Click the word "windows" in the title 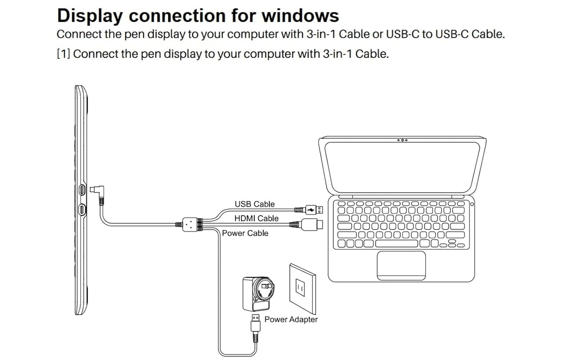300,16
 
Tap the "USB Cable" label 254,204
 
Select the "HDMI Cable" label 256,218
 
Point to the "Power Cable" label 245,233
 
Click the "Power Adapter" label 291,319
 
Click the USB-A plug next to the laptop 314,210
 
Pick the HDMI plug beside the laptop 312,225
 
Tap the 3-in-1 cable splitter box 190,225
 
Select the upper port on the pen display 82,190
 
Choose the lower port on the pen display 82,209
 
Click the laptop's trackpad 401,266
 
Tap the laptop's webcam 403,140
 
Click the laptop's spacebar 397,243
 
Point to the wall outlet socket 300,287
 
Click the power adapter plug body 258,294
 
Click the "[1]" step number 63,54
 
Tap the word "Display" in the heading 90,16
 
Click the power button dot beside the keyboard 472,204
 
